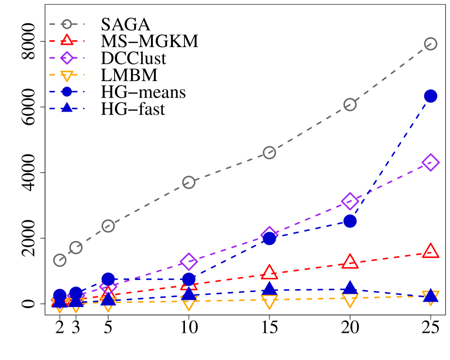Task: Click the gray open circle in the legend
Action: tap(67, 24)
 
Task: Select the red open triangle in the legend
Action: tap(67, 41)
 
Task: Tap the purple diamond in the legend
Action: tap(67, 58)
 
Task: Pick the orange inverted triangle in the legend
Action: tap(67, 75)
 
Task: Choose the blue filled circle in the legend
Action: tap(67, 92)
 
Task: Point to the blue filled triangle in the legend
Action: tap(67, 108)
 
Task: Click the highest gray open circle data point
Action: tap(431, 44)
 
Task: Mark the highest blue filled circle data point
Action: tap(431, 96)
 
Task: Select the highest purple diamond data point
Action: tap(431, 163)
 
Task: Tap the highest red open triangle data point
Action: tap(431, 251)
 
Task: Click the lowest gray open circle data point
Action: tap(60, 260)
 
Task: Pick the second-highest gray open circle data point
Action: tap(350, 104)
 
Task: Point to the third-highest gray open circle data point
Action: tap(269, 153)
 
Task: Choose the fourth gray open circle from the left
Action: tap(189, 182)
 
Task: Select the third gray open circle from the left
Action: tap(108, 226)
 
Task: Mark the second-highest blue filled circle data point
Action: tap(350, 221)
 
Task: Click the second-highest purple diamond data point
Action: tap(350, 201)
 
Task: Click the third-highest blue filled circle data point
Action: tap(269, 238)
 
